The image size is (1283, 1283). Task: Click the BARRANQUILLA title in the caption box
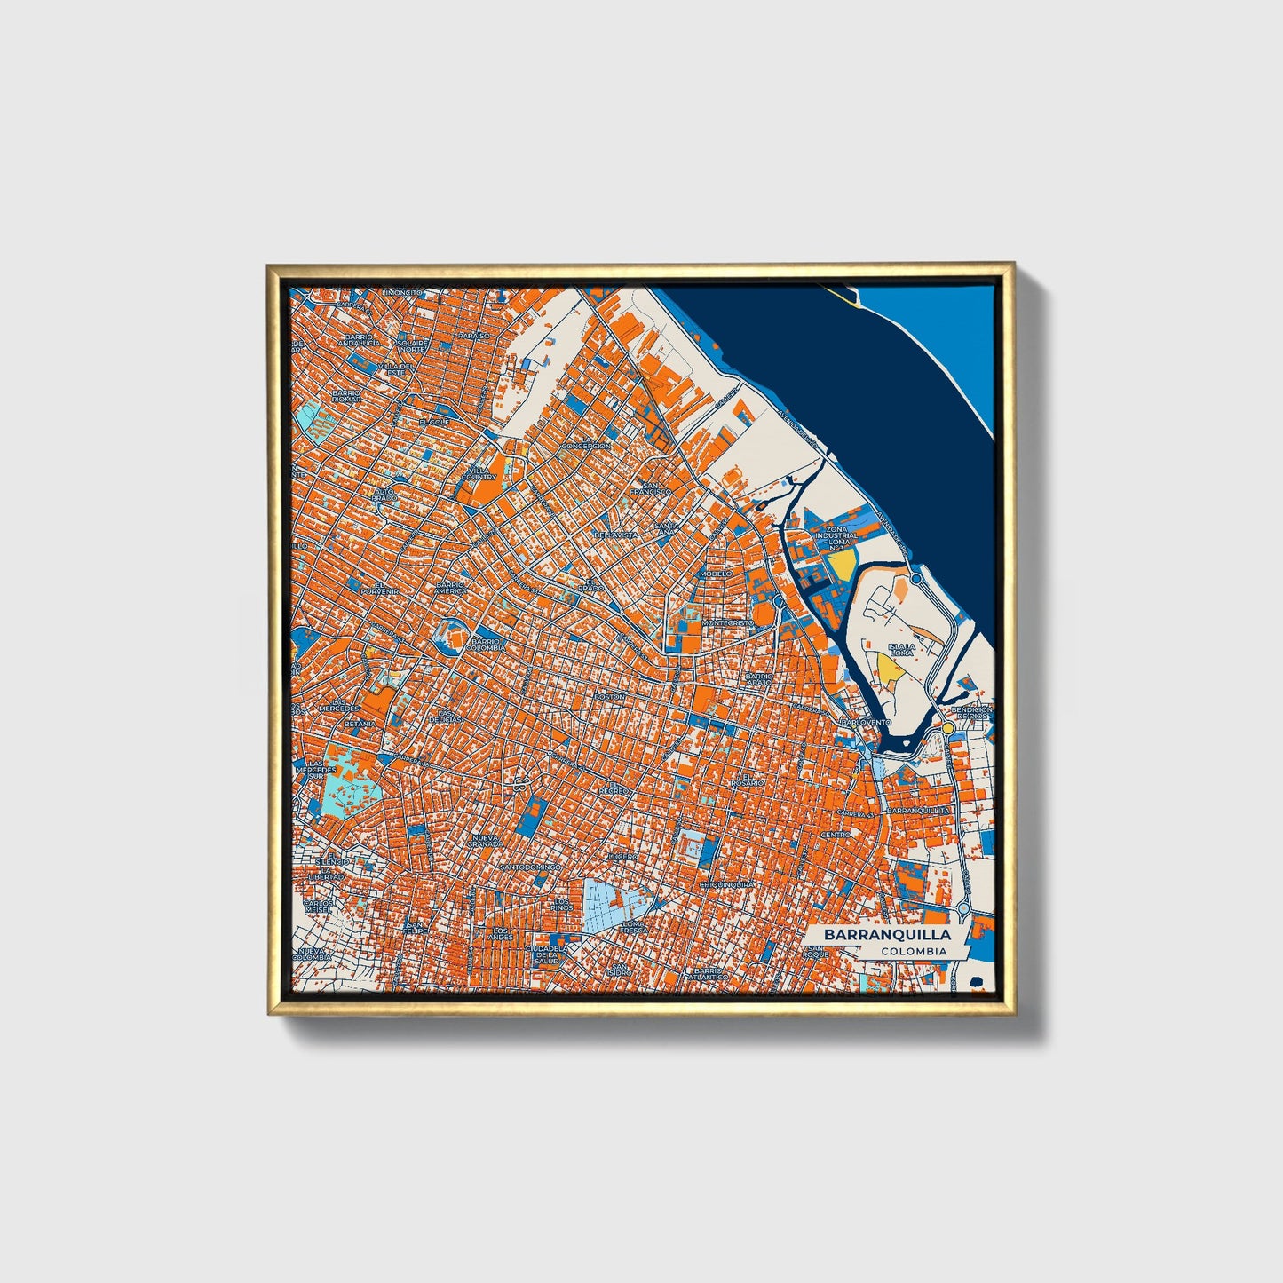887,935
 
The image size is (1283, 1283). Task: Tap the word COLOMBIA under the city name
914,952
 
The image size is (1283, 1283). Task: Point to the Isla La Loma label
901,650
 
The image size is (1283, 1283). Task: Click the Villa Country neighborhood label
479,472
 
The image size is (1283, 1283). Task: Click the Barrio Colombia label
488,645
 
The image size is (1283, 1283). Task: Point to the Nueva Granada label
487,840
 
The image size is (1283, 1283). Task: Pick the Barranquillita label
919,811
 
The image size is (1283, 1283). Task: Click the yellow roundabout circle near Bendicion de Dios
948,728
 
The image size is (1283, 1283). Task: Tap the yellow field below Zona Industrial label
842,565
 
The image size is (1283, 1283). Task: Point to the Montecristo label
727,623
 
